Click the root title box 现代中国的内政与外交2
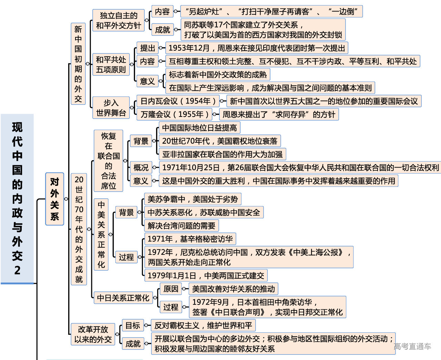[x=17, y=199]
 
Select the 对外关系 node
[x=54, y=199]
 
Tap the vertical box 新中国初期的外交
[x=78, y=64]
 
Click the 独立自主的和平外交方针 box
[x=118, y=20]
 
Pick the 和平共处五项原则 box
[x=111, y=64]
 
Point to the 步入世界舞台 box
[x=111, y=108]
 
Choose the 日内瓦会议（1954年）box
[x=178, y=101]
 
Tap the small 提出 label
[x=147, y=48]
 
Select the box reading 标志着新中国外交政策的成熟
[x=218, y=74]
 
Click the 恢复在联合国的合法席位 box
[x=109, y=161]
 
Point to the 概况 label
[x=141, y=168]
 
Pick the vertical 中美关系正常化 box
[x=101, y=234]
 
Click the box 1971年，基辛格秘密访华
[x=190, y=239]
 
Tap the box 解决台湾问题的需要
[x=181, y=226]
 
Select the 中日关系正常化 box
[x=123, y=298]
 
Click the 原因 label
[x=171, y=289]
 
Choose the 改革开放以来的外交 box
[x=93, y=334]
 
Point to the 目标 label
[x=133, y=326]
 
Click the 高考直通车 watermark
[x=412, y=346]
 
